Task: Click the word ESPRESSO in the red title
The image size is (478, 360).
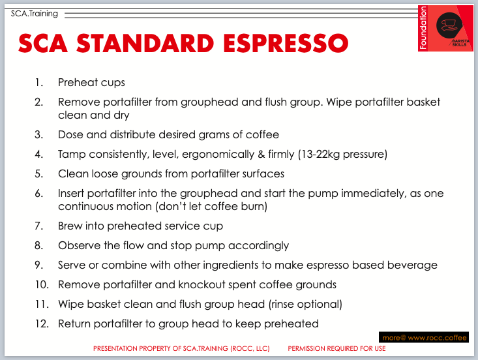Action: pos(286,43)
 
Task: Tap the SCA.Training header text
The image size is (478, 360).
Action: pos(35,14)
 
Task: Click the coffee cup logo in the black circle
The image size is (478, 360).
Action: pos(449,25)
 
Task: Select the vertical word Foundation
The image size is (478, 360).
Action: pos(423,28)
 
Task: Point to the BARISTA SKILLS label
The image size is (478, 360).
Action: pos(460,42)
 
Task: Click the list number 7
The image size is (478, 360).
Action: pos(38,226)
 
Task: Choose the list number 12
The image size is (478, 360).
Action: pos(42,323)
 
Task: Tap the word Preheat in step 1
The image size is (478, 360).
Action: pos(78,82)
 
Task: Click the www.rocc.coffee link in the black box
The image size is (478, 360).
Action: pos(437,338)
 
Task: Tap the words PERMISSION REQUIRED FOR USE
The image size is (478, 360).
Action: pos(337,348)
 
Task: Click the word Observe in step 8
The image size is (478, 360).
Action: pos(80,246)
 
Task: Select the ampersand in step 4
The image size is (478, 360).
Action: pos(261,155)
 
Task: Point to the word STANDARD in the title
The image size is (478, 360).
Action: pos(145,43)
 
